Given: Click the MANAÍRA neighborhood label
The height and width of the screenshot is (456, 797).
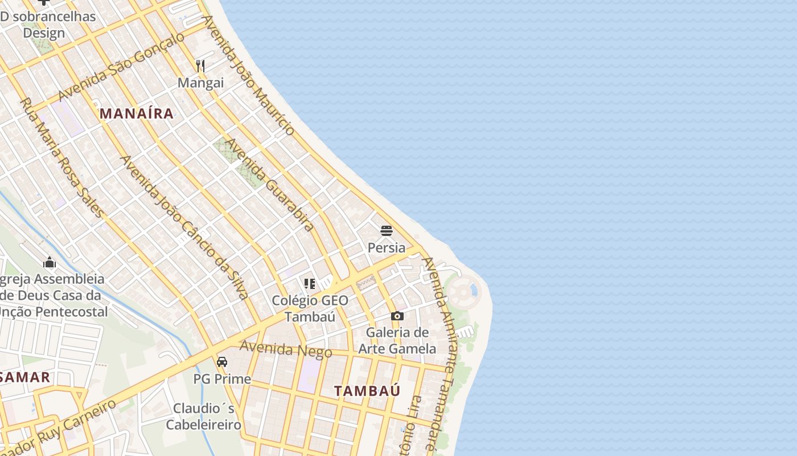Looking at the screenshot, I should point(137,113).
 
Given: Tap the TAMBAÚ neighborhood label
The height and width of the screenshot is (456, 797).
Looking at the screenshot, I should point(367,391).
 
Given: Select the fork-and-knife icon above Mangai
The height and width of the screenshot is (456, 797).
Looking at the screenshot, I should point(200,66).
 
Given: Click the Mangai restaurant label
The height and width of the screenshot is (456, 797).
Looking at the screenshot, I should point(200,83).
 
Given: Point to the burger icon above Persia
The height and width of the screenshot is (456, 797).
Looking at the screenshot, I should point(387,231).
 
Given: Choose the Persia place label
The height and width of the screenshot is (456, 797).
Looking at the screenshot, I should point(387,248).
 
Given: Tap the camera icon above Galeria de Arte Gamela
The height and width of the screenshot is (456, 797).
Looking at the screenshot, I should point(397,316).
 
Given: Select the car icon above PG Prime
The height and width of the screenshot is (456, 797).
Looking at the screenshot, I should point(222,362).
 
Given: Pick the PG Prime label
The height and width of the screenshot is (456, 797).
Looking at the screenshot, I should point(222,379).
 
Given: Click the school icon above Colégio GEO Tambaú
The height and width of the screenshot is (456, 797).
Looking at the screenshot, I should point(310,283).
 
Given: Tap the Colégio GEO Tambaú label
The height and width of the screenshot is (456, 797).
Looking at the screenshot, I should point(310,308).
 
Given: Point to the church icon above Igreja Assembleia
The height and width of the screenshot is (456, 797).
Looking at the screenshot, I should point(50,263).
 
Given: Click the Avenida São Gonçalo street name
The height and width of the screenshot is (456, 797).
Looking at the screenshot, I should point(122,66).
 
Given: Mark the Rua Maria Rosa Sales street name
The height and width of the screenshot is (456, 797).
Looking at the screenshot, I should point(62,158).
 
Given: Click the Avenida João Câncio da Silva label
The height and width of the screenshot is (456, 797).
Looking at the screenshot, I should point(184,227).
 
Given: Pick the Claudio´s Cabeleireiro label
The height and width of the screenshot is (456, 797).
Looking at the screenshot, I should point(204,417).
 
